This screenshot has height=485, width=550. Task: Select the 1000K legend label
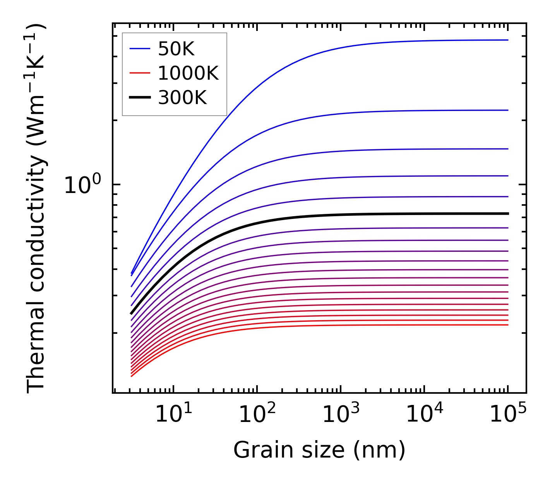188,73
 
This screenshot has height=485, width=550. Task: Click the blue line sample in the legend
140,49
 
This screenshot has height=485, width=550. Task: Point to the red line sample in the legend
140,73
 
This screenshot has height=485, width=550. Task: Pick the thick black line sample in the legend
140,97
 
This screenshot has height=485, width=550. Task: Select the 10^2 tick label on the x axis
257,415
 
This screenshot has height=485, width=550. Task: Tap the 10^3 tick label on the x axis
341,415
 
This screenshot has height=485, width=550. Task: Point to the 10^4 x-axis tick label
424,415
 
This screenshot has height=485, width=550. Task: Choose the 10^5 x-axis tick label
508,415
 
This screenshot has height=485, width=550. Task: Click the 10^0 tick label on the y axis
82,186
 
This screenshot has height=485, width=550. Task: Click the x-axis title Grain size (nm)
319,450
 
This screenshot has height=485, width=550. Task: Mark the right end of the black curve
507,213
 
